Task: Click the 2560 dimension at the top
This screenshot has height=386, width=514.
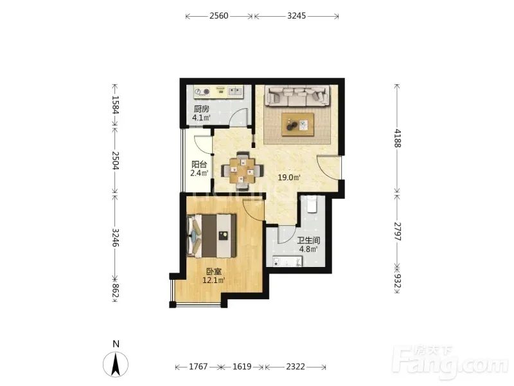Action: tap(218, 15)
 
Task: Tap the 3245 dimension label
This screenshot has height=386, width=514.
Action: tap(296, 15)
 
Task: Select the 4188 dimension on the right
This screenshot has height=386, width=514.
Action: tap(397, 138)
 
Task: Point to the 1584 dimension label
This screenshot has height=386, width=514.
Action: tap(115, 104)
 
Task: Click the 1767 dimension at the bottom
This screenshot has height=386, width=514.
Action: tap(198, 366)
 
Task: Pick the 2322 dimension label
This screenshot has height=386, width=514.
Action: tap(296, 366)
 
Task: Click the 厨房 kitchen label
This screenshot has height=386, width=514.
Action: tap(201, 109)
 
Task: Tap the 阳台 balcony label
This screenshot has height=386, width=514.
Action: tap(199, 164)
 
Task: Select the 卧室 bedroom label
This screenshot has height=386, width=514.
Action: tap(214, 271)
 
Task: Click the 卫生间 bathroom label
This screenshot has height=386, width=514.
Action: tap(308, 240)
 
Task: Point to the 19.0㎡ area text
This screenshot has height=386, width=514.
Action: tap(289, 178)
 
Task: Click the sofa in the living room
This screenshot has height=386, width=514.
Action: tap(297, 96)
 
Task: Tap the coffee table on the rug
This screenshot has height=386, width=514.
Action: tap(297, 124)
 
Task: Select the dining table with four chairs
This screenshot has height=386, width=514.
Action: tap(242, 170)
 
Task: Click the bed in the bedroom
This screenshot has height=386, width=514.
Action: tap(211, 236)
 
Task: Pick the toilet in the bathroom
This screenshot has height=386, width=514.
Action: tap(312, 204)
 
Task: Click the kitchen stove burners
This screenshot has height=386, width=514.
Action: tap(202, 91)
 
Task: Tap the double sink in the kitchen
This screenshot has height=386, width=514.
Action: tap(235, 91)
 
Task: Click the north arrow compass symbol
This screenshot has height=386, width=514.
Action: tap(116, 364)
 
